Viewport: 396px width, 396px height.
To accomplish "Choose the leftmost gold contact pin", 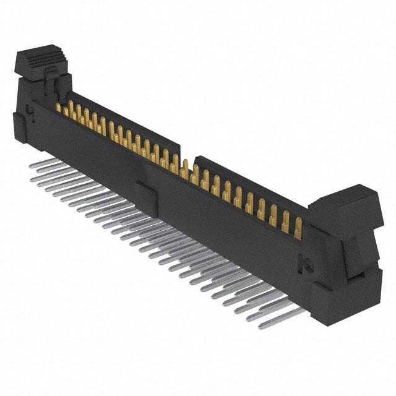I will pyautogui.click(x=59, y=109).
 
